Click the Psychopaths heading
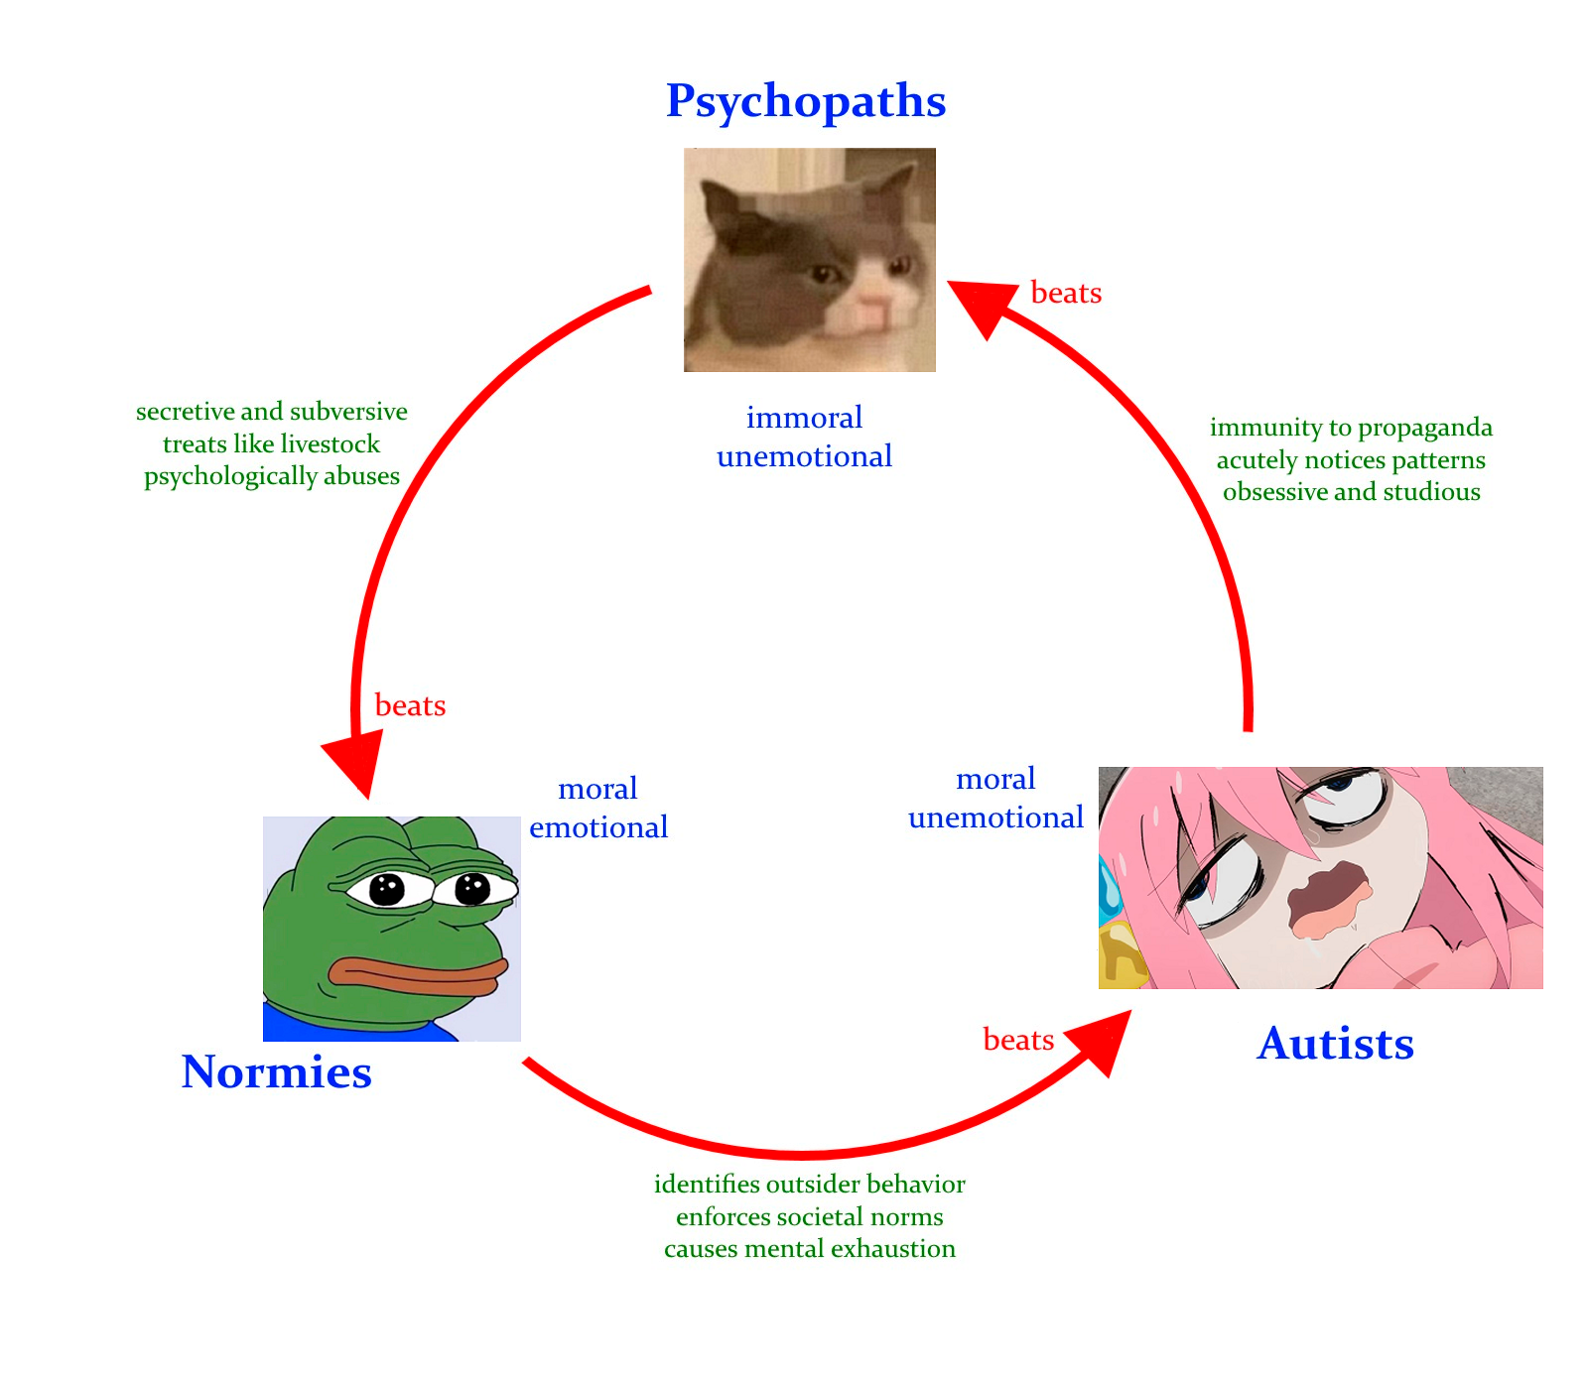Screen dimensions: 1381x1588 pos(806,101)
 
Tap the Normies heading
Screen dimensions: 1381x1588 pos(277,1072)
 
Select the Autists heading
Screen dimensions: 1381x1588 pos(1335,1044)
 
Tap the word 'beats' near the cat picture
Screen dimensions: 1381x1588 pos(1066,294)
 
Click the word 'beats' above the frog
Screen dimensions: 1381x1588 pos(410,706)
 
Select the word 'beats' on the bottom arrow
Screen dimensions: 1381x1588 pos(1018,1040)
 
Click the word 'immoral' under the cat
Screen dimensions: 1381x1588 pos(804,418)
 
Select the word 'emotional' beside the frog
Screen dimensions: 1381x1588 pos(598,827)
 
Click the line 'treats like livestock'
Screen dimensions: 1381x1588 pos(271,444)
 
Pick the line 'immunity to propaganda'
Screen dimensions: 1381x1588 pos(1351,428)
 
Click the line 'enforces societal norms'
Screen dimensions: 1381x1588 pos(809,1217)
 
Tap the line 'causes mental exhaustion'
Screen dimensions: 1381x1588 pos(809,1249)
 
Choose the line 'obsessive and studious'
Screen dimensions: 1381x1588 pos(1351,492)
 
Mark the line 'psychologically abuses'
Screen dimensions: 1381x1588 pos(271,476)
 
